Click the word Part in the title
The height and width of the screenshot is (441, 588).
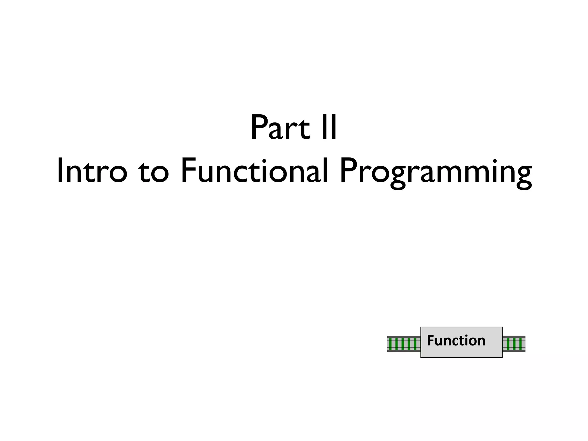[280, 128]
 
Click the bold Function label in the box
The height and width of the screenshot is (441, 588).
[456, 341]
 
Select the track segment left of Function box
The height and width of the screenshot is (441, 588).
[404, 344]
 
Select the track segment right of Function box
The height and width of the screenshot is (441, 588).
[514, 344]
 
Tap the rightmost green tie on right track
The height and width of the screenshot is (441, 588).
[520, 344]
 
